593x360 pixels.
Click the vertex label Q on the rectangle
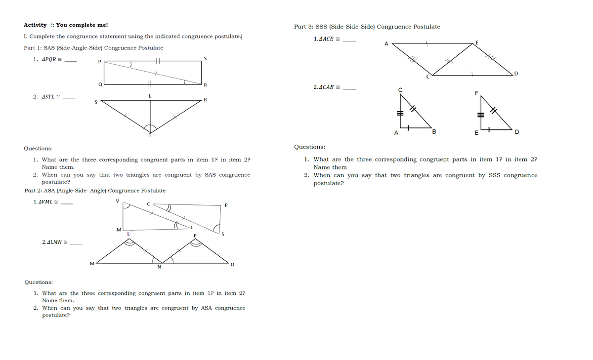pyautogui.click(x=100, y=84)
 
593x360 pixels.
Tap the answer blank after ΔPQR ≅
pyautogui.click(x=71, y=61)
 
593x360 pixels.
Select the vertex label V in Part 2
pyautogui.click(x=117, y=201)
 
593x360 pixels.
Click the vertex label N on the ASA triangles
pyautogui.click(x=158, y=268)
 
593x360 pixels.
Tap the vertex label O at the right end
pyautogui.click(x=232, y=265)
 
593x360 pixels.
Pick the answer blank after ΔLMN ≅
pyautogui.click(x=76, y=243)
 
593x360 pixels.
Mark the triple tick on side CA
pyautogui.click(x=401, y=113)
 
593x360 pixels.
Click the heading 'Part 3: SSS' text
pyautogui.click(x=367, y=27)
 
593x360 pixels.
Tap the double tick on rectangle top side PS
pyautogui.click(x=158, y=61)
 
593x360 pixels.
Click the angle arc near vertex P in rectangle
pyautogui.click(x=129, y=64)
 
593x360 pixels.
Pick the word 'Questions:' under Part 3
pyautogui.click(x=309, y=147)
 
